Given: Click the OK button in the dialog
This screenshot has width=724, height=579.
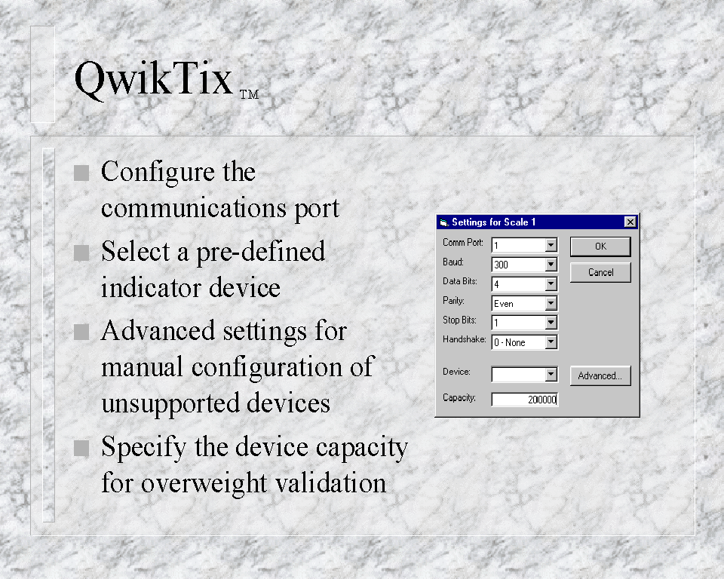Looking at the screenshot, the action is tap(600, 247).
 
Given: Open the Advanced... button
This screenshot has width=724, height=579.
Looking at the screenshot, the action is tap(600, 376).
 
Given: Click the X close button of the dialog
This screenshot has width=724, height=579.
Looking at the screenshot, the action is tap(630, 222).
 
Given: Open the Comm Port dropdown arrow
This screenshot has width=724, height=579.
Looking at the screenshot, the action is tap(551, 245).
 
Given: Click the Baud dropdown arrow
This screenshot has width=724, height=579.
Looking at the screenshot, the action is tap(551, 265).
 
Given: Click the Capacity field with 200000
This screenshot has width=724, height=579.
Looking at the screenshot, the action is tap(525, 400).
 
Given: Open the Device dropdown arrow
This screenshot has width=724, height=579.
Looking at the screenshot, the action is tap(551, 375).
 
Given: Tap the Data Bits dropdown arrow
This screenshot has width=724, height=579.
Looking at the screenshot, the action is tap(551, 284).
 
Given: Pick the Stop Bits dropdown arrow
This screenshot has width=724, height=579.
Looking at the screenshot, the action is tap(551, 323).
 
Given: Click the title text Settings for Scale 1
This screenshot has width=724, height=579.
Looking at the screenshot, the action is tap(493, 222).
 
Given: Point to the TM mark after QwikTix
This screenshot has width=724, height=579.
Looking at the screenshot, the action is tap(249, 95).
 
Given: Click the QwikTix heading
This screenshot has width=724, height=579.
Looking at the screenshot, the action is tap(154, 79).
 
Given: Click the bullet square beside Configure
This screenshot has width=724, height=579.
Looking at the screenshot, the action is tap(81, 173).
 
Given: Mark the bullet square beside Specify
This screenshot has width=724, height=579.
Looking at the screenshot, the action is tap(81, 448).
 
